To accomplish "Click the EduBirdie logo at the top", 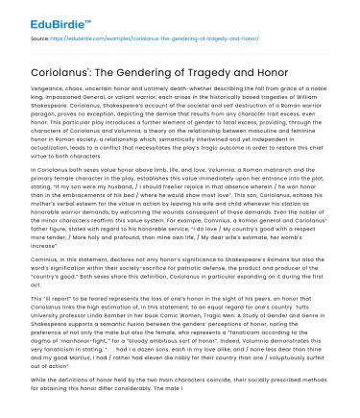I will (37, 14).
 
